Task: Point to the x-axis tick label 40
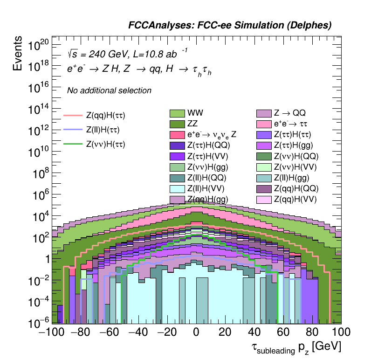pos(254,333)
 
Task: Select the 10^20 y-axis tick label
pos(39,45)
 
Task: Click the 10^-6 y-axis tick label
pos(38,322)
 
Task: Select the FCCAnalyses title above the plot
pos(230,26)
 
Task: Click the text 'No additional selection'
pos(109,90)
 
